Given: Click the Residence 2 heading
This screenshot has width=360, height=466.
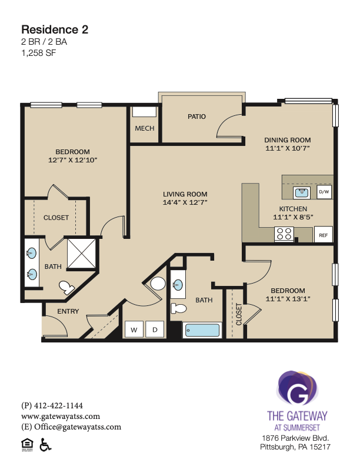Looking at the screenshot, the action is point(55,29).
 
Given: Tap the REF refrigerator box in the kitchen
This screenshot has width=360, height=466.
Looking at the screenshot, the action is point(323,235).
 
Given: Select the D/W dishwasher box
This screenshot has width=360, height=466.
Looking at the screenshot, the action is point(324,192).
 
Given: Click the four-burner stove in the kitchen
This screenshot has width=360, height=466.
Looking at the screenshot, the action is point(284,234).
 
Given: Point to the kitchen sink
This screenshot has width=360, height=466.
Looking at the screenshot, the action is point(302,192).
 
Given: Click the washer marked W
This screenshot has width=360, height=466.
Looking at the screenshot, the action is point(134,329).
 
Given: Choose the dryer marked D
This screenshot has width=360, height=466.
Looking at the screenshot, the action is point(155,329).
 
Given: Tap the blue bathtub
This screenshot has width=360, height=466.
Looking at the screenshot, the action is point(202,330).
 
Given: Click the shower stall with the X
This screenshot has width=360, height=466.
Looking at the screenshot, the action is point(81,254).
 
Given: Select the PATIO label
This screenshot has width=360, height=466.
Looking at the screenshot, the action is point(196,116).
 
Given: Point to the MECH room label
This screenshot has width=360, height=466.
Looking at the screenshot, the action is point(145,128).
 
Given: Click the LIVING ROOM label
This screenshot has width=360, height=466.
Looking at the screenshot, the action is point(185,194).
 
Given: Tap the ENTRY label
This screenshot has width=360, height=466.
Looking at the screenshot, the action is point(68,311).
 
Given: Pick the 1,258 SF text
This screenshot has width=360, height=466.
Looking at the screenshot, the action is point(39,53).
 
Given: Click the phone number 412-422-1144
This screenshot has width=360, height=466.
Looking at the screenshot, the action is point(58,405).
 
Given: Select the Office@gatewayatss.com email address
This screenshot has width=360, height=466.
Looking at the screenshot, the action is point(78,427).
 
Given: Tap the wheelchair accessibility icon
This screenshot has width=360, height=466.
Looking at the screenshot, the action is point(45,445).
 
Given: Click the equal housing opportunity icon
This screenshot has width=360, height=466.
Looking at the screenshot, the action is point(27,445).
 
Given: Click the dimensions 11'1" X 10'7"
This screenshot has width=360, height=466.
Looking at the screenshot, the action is point(288,148).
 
